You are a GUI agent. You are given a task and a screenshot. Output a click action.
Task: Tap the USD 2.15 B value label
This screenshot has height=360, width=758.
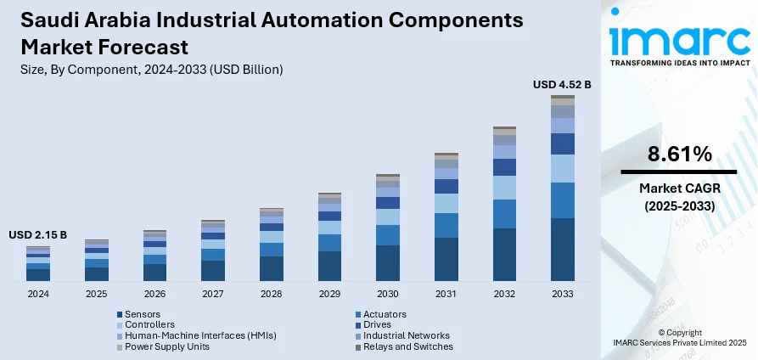[x=37, y=234]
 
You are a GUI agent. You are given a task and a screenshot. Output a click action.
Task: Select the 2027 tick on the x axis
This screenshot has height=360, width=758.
[x=213, y=294]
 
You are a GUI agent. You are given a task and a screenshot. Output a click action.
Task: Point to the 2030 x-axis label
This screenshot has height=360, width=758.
[x=388, y=294]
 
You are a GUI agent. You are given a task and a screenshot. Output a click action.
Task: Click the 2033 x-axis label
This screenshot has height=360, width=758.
[x=563, y=294]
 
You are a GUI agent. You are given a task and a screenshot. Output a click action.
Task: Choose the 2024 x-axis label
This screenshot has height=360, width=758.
[x=38, y=294]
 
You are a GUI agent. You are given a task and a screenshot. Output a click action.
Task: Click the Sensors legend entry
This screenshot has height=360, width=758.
[x=143, y=314]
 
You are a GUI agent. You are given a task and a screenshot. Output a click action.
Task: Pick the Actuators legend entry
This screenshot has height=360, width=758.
[x=384, y=314]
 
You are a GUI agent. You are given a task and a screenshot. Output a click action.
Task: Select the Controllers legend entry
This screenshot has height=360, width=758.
[x=149, y=324]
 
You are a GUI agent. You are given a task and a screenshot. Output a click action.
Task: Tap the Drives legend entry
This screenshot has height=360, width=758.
[x=377, y=324]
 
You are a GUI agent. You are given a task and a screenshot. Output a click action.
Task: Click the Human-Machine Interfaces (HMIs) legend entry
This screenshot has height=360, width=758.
[x=200, y=335]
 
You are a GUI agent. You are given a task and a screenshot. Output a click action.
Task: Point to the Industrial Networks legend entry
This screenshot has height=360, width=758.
[x=406, y=335]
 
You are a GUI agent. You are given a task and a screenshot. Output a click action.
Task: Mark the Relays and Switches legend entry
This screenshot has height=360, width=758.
[x=407, y=346]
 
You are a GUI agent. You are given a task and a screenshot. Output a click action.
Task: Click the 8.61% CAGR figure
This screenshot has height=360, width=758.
[x=679, y=155]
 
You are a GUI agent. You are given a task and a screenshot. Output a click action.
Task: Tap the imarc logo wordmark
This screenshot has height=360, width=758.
[x=679, y=38]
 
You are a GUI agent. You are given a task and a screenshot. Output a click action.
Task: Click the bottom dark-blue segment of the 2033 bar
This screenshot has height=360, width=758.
[x=562, y=250]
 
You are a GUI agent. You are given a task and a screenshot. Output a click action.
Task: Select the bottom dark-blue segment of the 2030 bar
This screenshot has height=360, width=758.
[x=388, y=263]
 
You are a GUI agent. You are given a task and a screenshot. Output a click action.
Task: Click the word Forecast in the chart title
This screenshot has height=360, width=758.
[x=149, y=46]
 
